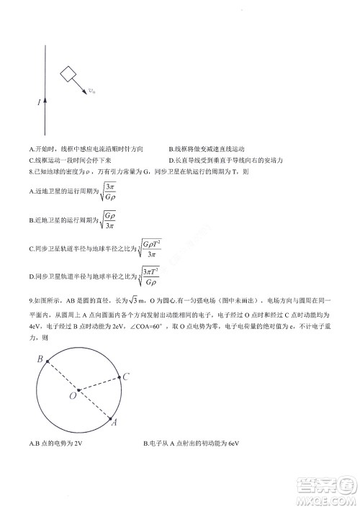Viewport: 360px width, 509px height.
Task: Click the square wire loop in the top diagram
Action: point(68,74)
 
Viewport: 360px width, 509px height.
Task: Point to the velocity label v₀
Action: point(91,91)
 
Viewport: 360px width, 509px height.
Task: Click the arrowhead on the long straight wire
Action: point(45,100)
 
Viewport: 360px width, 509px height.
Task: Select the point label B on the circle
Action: point(41,359)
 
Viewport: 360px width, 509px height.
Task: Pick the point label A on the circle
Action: point(114,424)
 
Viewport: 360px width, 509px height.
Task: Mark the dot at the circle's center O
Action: point(78,390)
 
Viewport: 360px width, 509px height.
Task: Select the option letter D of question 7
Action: point(171,160)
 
